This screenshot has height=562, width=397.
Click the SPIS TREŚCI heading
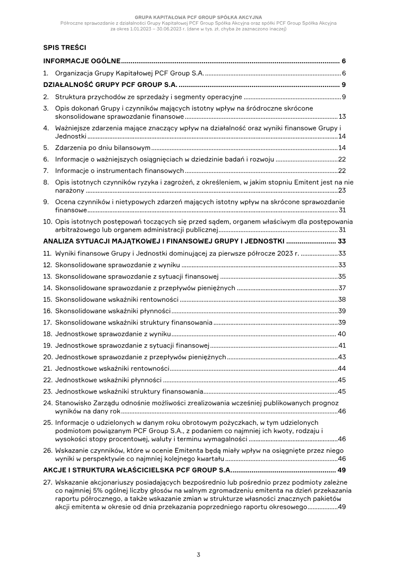[x=65, y=48]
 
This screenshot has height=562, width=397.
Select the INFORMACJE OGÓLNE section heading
[x=82, y=61]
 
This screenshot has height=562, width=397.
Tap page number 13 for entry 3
[x=342, y=117]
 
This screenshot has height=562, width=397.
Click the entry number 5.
[x=46, y=148]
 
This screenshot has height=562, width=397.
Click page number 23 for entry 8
[x=342, y=190]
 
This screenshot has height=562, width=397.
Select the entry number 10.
[x=48, y=222]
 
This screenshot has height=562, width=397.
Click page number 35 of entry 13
[x=342, y=277]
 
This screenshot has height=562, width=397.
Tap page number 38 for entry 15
[x=342, y=300]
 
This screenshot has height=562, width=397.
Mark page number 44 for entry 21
[x=342, y=368]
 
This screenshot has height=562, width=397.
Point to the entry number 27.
[x=48, y=482]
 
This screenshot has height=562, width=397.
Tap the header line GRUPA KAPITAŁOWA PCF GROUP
[x=198, y=17]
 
